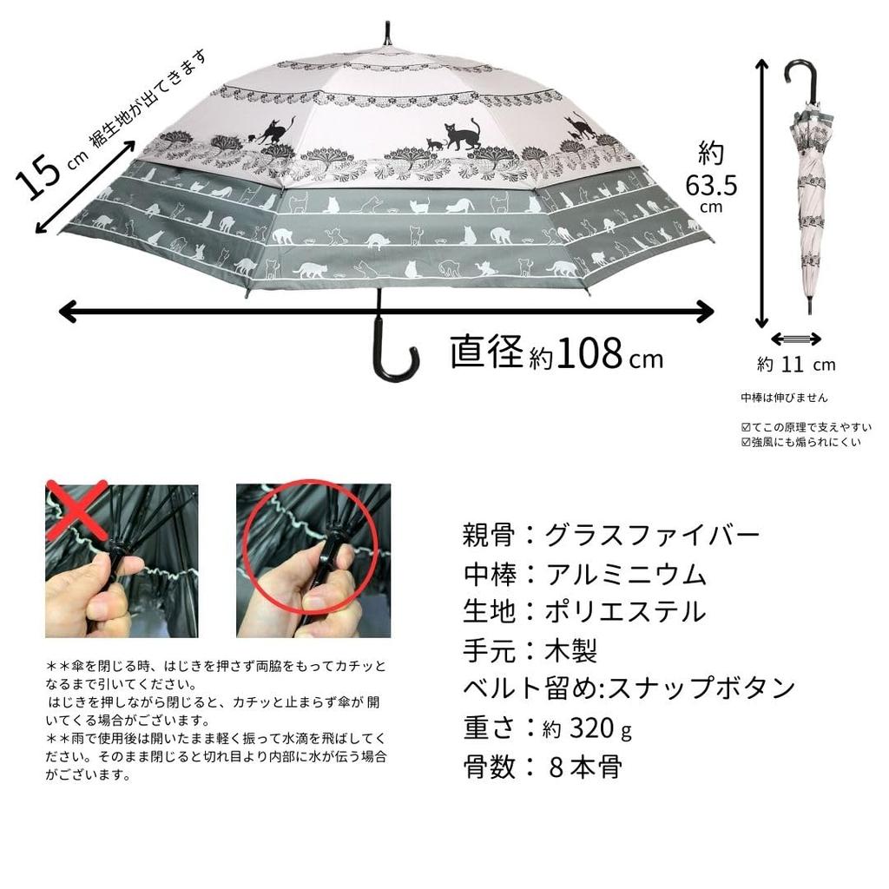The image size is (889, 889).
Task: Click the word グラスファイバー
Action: [x=652, y=534]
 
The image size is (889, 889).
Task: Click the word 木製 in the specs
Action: [x=571, y=650]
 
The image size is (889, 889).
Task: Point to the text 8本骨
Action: [x=585, y=767]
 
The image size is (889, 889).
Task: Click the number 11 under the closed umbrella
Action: [x=792, y=365]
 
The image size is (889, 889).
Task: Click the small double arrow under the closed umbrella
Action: [x=796, y=338]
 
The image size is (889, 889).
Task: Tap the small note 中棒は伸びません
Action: [x=784, y=398]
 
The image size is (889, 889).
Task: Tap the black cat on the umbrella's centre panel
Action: [x=462, y=135]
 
